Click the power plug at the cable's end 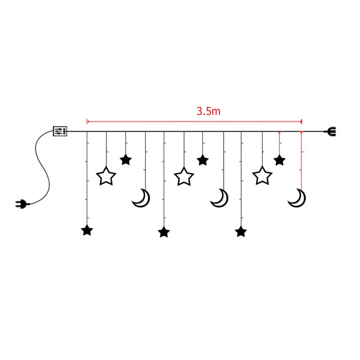[19, 204]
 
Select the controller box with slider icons [60, 131]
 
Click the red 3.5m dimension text [208, 111]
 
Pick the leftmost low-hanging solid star [87, 231]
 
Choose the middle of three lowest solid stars [164, 232]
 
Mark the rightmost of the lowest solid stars [241, 231]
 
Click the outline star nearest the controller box [106, 177]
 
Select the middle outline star [184, 177]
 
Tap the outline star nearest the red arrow [262, 177]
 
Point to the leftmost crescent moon [141, 199]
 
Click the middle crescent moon [219, 199]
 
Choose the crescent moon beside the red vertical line [297, 199]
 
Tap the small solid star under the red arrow [279, 160]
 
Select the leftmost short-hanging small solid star [126, 159]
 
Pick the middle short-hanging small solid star [203, 160]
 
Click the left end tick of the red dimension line [87, 122]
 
